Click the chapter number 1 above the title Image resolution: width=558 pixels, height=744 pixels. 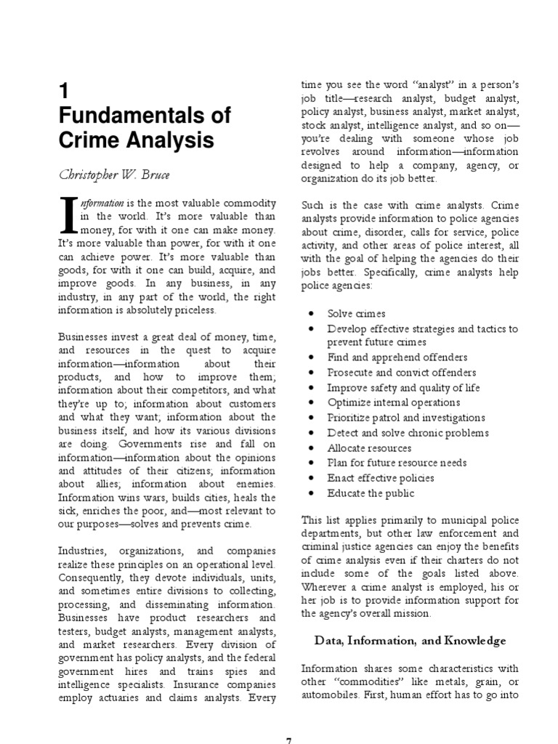tap(63, 91)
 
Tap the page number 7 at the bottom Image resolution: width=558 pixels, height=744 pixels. tap(288, 740)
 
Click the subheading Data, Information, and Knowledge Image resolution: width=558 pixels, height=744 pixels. tap(410, 640)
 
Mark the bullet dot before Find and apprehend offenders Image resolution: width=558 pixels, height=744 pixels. tap(310, 357)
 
